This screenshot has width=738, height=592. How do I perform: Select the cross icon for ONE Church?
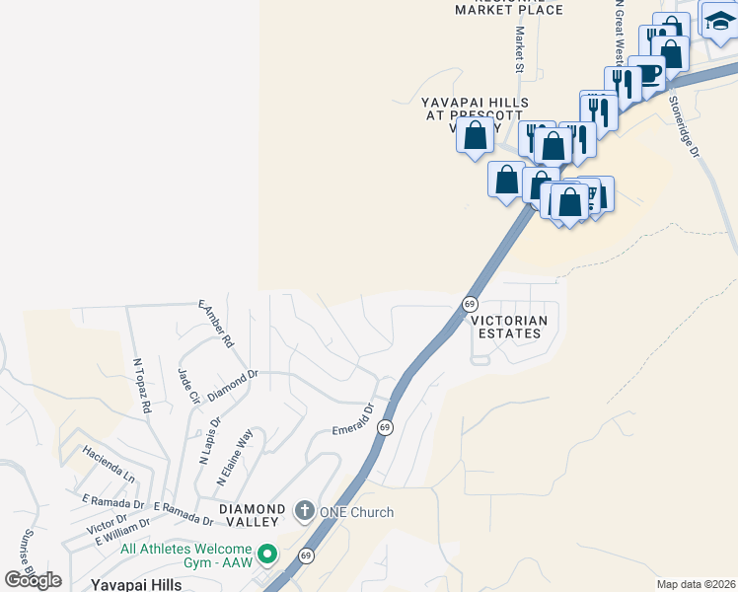pyautogui.click(x=304, y=511)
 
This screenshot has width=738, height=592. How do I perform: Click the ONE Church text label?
pyautogui.click(x=356, y=512)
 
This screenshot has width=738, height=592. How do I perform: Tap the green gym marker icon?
pyautogui.click(x=265, y=555)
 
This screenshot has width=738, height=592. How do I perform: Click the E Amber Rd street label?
pyautogui.click(x=215, y=324)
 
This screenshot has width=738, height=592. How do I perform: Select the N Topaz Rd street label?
pyautogui.click(x=142, y=384)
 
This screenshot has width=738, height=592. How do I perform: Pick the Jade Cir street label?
pyautogui.click(x=187, y=386)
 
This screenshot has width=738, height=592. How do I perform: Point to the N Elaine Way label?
pyautogui.click(x=235, y=456)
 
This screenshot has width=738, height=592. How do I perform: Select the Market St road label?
pyautogui.click(x=518, y=49)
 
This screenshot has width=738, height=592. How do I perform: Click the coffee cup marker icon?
pyautogui.click(x=647, y=74)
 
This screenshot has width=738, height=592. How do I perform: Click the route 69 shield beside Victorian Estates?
pyautogui.click(x=470, y=304)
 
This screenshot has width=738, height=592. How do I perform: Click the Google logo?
pyautogui.click(x=34, y=579)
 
